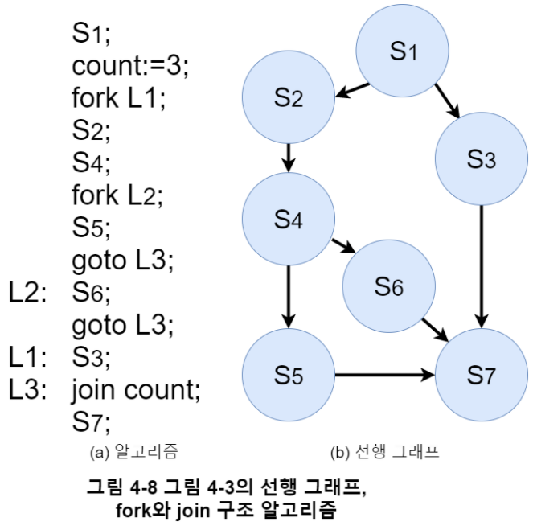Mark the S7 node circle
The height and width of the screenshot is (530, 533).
481,374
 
